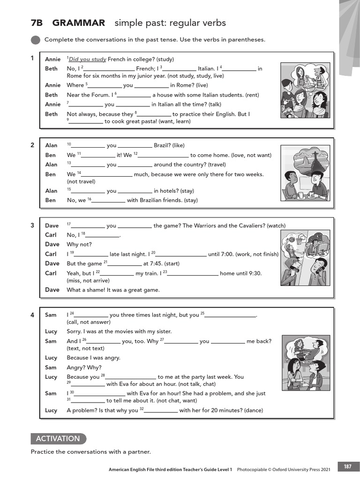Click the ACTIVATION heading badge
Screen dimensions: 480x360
(x=59, y=439)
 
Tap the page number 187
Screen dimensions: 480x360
(x=347, y=466)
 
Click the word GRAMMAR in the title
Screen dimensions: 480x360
(x=79, y=23)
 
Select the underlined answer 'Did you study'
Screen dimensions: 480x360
(x=88, y=60)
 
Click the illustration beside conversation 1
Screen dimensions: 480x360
(x=305, y=91)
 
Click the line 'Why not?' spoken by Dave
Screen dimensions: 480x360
(x=79, y=245)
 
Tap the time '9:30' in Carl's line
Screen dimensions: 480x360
(x=253, y=273)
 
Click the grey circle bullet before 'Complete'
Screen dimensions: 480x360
(x=35, y=40)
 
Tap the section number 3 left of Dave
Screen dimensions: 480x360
(x=32, y=225)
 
